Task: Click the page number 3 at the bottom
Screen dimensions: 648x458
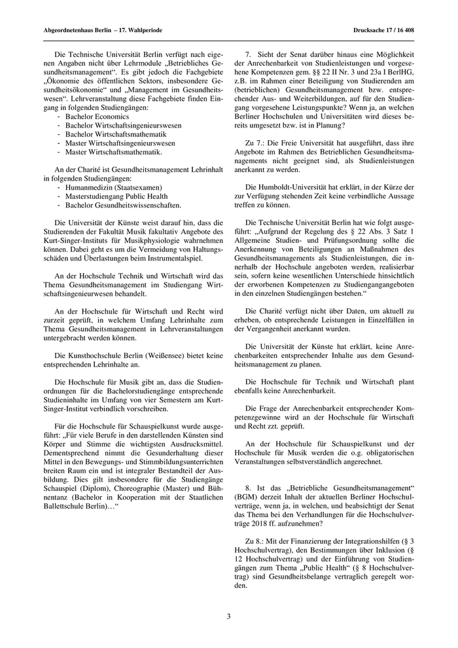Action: coord(229,616)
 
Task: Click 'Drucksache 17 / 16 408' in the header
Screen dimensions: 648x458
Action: coord(382,30)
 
